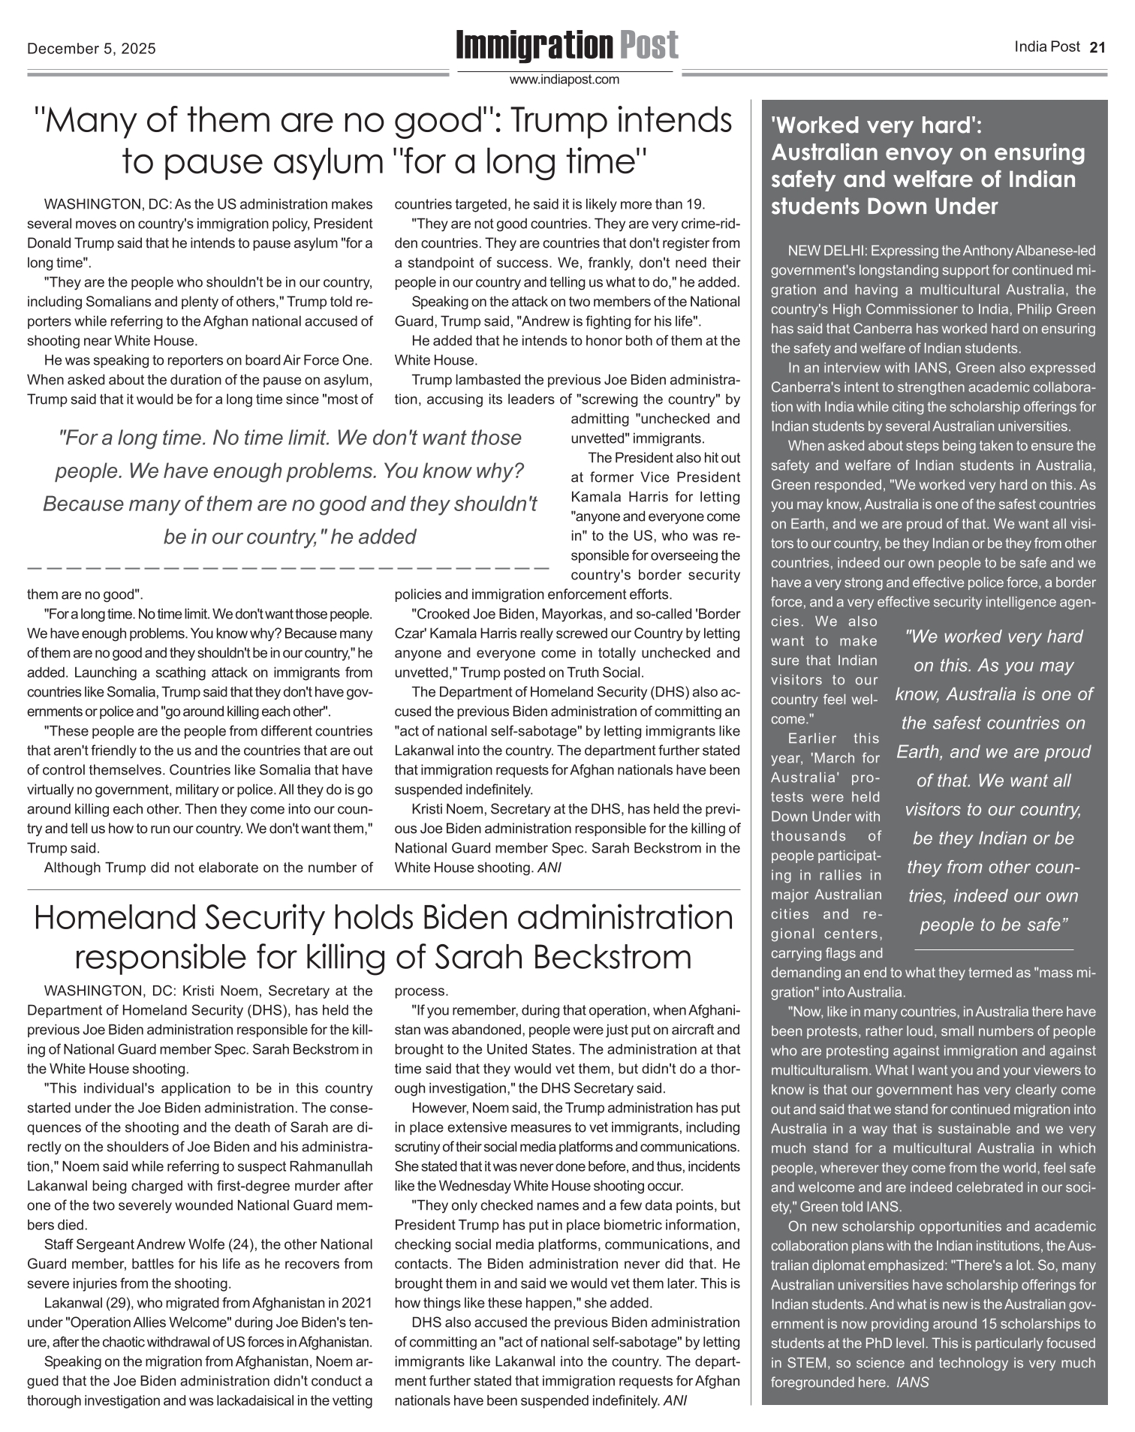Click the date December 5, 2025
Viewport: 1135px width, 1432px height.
coord(92,49)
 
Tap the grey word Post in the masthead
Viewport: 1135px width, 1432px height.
coord(649,46)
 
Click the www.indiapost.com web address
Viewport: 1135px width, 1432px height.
coord(564,80)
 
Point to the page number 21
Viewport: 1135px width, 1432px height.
coord(1097,47)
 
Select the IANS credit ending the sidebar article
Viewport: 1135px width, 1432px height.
coord(913,1382)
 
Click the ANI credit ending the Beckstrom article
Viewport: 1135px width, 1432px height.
coord(676,1400)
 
